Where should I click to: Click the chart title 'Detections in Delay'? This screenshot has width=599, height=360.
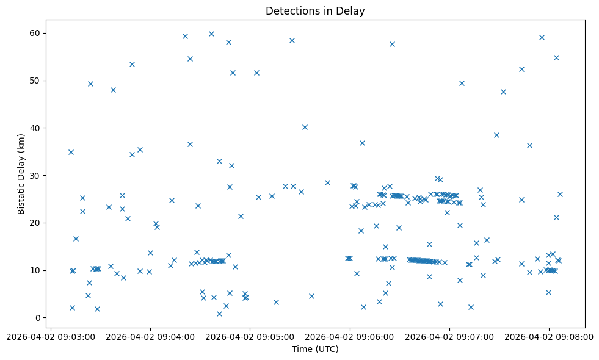point(315,11)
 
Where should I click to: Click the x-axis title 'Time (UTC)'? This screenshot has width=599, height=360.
point(315,349)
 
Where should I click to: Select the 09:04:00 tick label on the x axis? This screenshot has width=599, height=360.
point(150,336)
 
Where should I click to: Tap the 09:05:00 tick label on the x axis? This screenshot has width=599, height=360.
point(249,336)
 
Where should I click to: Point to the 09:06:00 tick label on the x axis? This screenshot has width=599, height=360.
point(349,336)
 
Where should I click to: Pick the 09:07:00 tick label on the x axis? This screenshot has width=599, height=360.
point(449,336)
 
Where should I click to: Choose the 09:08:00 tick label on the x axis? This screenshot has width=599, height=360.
point(548,336)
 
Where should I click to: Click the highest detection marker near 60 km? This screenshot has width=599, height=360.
point(211,34)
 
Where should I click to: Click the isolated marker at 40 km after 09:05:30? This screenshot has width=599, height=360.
point(305,127)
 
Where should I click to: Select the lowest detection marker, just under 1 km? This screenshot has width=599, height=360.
point(219,314)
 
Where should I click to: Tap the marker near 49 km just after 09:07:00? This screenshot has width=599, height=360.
point(462,83)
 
